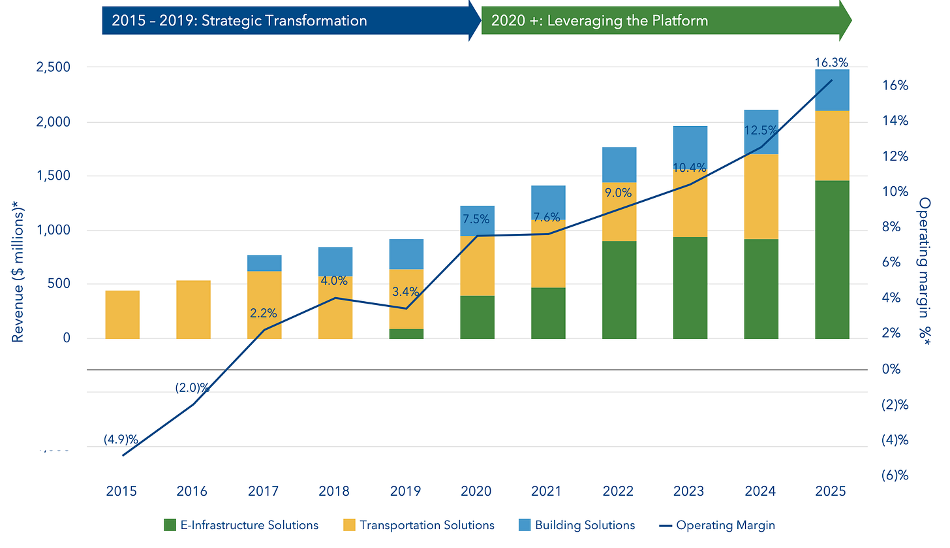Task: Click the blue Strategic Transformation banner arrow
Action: pyautogui.click(x=287, y=20)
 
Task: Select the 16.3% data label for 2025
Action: pyautogui.click(x=831, y=63)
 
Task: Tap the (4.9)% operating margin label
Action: pyautogui.click(x=121, y=440)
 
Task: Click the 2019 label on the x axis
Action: pyautogui.click(x=406, y=491)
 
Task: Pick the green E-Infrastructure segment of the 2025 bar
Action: pyautogui.click(x=832, y=259)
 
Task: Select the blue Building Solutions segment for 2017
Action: pyautogui.click(x=264, y=263)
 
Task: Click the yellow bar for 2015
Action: pyautogui.click(x=122, y=314)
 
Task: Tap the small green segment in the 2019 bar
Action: pyautogui.click(x=406, y=333)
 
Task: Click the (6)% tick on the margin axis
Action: pyautogui.click(x=894, y=475)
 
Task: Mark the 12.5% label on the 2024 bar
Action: pyautogui.click(x=761, y=131)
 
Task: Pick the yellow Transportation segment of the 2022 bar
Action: pyautogui.click(x=619, y=212)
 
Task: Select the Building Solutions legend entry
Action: pyautogui.click(x=577, y=525)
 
